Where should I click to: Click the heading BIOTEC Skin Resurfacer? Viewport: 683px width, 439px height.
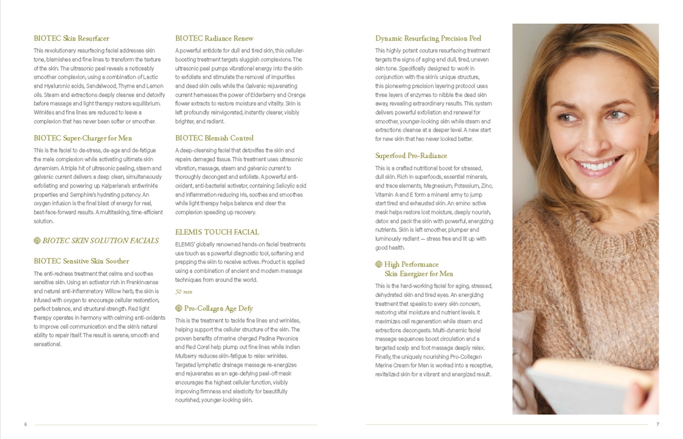tap(71, 38)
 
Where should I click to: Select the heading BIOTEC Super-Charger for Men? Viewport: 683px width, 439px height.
tap(83, 138)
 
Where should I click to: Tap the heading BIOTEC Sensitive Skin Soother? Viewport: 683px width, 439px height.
tap(81, 261)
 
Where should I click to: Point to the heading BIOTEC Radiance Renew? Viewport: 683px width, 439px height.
tap(214, 38)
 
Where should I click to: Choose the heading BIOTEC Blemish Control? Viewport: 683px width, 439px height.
tap(214, 138)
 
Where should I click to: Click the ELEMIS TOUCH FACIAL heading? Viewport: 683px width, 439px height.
tap(217, 232)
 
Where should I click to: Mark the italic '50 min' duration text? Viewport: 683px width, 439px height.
tap(184, 292)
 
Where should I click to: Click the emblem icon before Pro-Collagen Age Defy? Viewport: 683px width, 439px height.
tap(179, 308)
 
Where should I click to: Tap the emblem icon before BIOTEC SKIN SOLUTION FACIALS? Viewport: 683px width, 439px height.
tap(37, 240)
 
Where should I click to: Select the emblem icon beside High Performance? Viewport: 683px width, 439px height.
tap(379, 264)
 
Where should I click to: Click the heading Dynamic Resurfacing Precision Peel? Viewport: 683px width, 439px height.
tap(428, 38)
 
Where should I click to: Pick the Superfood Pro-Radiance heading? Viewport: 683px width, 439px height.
tap(411, 156)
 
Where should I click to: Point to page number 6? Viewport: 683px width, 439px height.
tap(26, 425)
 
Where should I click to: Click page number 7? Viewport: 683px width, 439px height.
tap(657, 425)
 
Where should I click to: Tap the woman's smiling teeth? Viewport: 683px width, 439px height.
tap(601, 164)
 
